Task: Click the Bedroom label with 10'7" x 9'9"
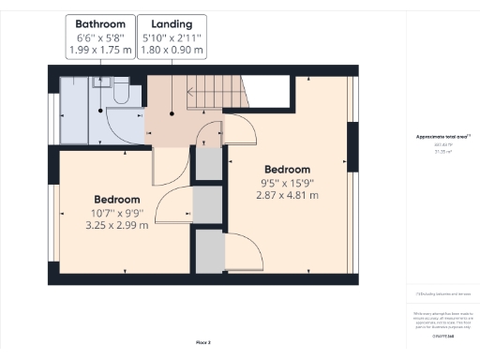(x=117, y=200)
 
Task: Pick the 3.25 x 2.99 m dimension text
(x=117, y=226)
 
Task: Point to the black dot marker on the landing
(x=172, y=113)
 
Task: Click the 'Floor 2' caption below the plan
(x=203, y=344)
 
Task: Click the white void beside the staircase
(x=274, y=94)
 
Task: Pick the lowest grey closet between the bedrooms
(x=209, y=250)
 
